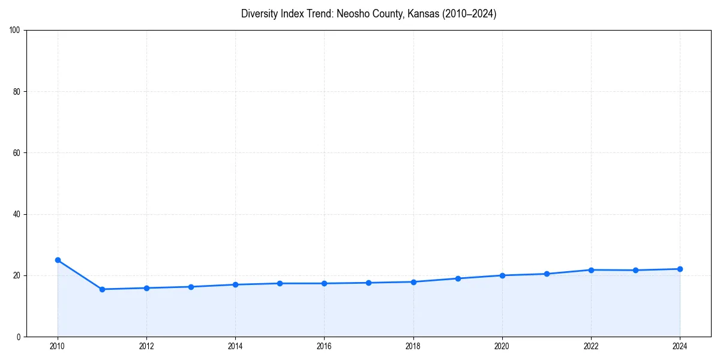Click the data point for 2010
click(58, 260)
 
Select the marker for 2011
click(102, 289)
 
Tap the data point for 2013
click(191, 287)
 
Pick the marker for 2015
click(280, 283)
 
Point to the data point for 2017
click(368, 283)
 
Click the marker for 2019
click(458, 278)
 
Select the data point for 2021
click(547, 274)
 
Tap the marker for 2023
click(635, 270)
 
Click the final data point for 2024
click(680, 269)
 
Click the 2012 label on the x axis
click(146, 346)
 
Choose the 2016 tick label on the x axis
click(324, 346)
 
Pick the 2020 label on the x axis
click(502, 346)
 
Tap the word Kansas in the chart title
click(407, 14)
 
